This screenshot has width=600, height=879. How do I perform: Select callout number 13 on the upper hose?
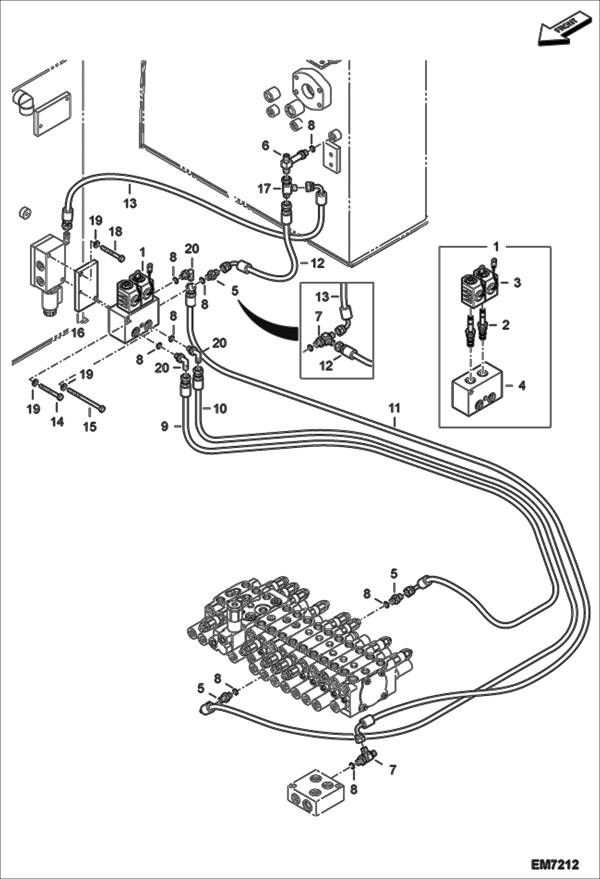click(130, 204)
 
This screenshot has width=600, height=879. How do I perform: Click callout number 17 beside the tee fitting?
click(264, 188)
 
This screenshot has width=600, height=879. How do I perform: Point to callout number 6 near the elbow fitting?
click(266, 146)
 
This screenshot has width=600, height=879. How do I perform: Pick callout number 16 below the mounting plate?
click(78, 332)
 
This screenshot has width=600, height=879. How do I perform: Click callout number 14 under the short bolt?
click(57, 421)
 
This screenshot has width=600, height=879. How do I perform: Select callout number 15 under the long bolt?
click(90, 427)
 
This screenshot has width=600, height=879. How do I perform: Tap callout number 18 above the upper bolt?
click(115, 232)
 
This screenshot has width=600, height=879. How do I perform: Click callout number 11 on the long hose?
click(395, 408)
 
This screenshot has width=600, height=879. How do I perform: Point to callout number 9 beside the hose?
click(165, 427)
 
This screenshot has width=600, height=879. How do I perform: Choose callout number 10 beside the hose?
click(220, 409)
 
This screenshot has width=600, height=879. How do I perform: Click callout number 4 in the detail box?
click(522, 386)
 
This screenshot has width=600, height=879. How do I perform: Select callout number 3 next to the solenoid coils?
click(517, 283)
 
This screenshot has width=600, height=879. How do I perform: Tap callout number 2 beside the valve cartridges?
click(505, 325)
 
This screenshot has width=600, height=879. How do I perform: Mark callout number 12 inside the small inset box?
click(326, 365)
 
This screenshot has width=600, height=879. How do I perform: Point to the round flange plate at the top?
click(312, 89)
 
